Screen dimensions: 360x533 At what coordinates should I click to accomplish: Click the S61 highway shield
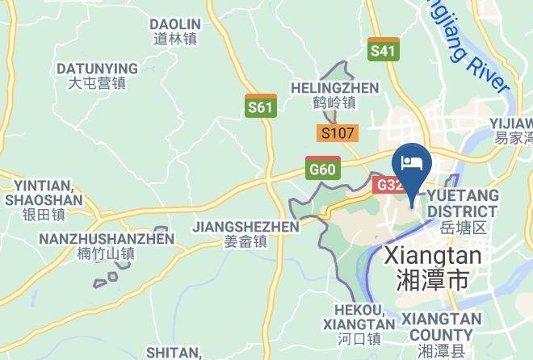260,106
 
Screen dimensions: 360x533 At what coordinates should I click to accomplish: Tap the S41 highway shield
383,50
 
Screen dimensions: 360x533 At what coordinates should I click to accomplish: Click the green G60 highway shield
322,168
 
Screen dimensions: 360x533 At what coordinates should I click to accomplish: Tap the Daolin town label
175,31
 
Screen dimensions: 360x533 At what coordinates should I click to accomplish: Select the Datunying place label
96,75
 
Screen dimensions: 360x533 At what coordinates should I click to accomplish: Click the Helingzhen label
334,95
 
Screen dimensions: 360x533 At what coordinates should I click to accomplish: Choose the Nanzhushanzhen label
107,246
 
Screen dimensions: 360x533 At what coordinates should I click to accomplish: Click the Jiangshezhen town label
246,233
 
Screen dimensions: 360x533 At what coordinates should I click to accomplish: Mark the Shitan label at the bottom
174,353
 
